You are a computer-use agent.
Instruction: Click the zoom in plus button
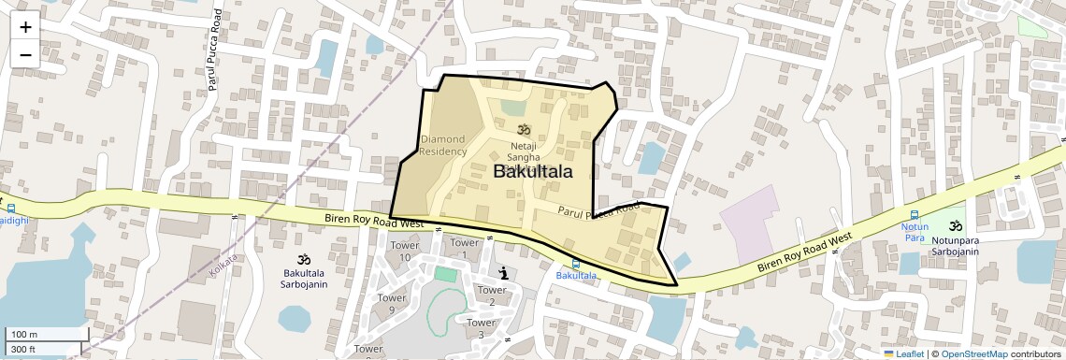25,27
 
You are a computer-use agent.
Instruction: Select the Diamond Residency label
443,145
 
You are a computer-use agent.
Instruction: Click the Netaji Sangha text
524,152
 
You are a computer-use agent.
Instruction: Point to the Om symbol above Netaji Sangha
523,130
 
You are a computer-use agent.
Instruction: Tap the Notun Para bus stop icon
914,214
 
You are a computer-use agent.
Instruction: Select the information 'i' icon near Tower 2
506,273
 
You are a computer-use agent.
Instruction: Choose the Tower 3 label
481,328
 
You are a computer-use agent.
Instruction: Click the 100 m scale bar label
25,335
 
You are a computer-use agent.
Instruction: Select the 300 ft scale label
24,350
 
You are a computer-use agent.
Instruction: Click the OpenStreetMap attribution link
973,353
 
